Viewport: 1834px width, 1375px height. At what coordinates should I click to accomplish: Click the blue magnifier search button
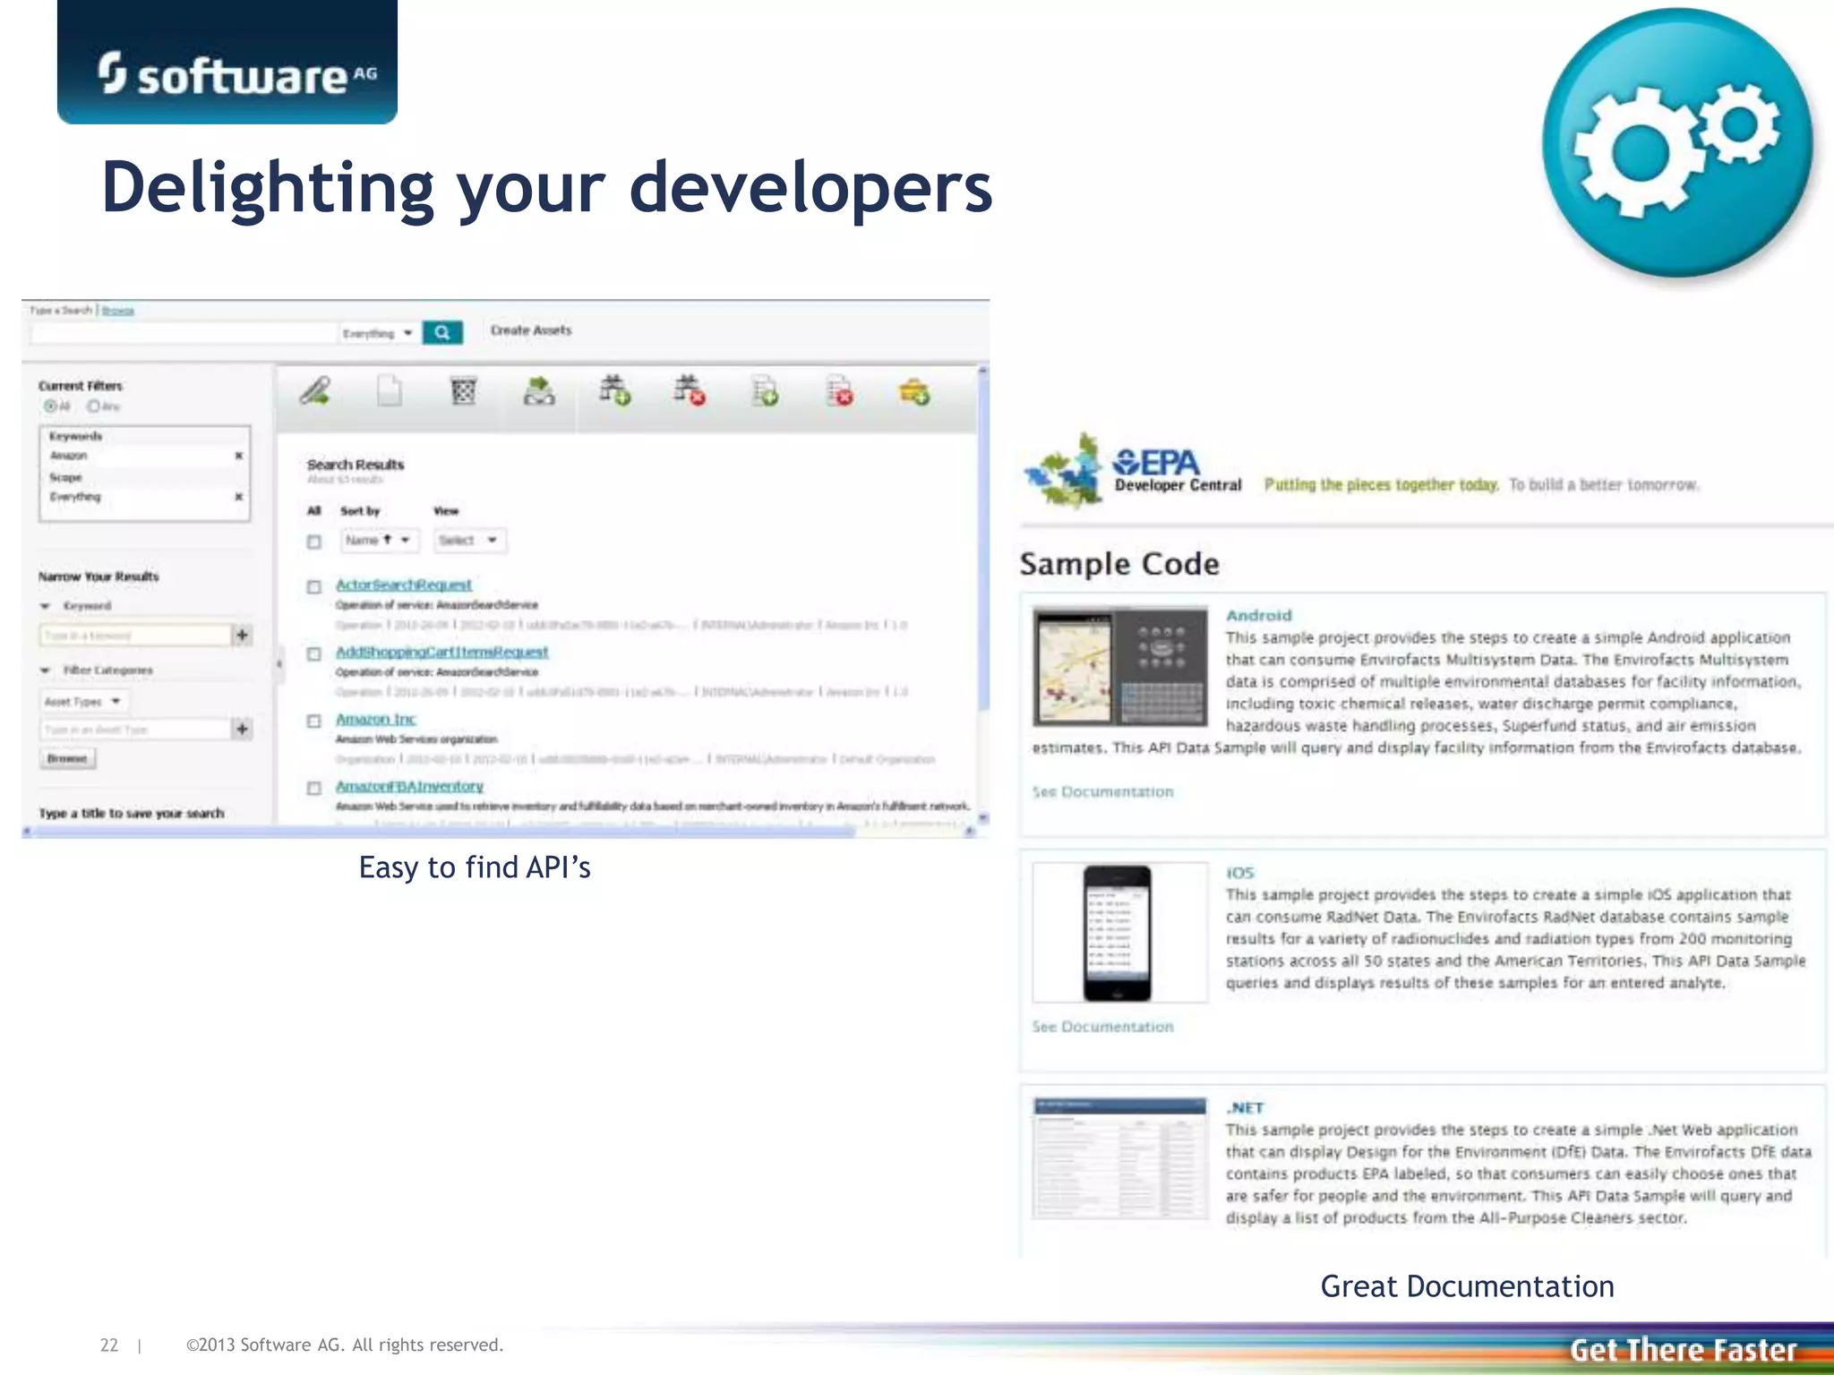point(442,333)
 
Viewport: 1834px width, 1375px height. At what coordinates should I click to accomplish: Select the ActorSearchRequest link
point(403,585)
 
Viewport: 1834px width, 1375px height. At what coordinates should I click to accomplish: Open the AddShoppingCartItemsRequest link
point(441,652)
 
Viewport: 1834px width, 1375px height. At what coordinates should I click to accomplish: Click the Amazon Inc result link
point(375,719)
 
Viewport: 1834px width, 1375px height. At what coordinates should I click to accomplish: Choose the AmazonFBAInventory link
point(409,786)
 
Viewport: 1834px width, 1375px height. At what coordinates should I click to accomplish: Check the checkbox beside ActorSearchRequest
point(314,587)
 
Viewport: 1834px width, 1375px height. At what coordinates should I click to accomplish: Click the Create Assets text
point(531,330)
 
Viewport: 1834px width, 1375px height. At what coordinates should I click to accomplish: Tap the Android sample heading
point(1258,615)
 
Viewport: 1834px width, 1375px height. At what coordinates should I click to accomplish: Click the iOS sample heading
point(1239,872)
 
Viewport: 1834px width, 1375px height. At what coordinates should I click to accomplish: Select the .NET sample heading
point(1245,1107)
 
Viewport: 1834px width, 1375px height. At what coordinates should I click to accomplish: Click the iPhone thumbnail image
point(1117,932)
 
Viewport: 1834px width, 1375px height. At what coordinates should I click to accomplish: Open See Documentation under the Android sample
point(1102,791)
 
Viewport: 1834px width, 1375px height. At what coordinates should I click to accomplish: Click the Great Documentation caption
point(1467,1286)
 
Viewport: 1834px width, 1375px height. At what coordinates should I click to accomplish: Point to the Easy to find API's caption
point(475,867)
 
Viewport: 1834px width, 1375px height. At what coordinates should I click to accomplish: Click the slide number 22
point(109,1345)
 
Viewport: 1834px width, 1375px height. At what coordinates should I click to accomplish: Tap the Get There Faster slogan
point(1683,1349)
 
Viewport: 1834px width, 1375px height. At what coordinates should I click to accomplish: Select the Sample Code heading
point(1119,564)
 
